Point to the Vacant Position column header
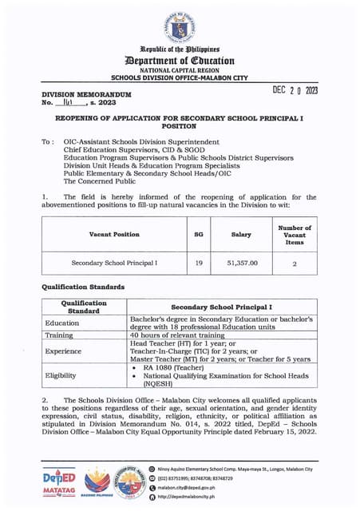coord(114,234)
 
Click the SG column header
coord(199,234)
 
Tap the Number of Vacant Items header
coord(295,234)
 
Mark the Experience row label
coord(63,350)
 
